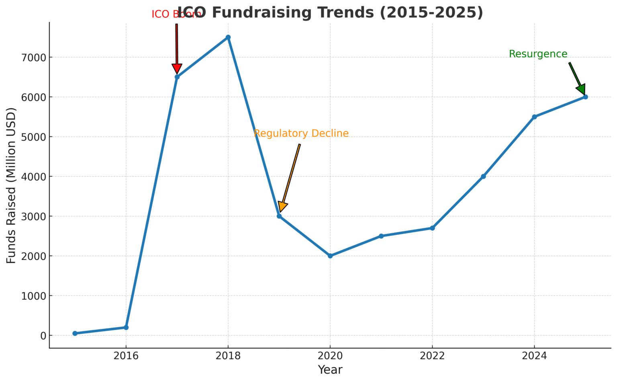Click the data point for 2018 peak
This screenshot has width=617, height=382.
[x=228, y=37]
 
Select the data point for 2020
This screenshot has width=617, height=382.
[x=330, y=256]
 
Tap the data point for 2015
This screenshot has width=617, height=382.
[x=75, y=333]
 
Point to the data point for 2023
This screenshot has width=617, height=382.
[x=483, y=177]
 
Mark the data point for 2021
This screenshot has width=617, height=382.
[x=381, y=236]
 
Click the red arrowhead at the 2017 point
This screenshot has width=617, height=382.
[x=177, y=69]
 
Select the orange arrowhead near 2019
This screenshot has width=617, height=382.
[x=282, y=206]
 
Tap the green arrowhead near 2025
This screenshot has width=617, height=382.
[x=581, y=89]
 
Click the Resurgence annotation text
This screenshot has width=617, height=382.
[x=538, y=54]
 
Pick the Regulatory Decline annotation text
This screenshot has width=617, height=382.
[x=301, y=133]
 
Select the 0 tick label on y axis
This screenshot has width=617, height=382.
[x=43, y=336]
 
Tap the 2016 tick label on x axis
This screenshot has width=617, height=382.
[x=126, y=356]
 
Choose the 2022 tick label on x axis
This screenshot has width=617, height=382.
[x=432, y=356]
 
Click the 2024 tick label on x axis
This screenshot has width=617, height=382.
[x=534, y=356]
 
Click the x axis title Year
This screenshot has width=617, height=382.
[x=330, y=370]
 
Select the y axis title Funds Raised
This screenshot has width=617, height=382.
[x=11, y=185]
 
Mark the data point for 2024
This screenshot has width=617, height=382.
[x=534, y=117]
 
